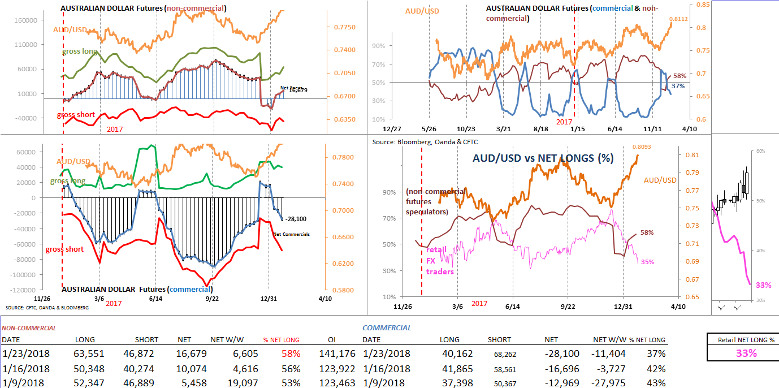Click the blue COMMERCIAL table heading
(387, 327)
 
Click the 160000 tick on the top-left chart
(25, 20)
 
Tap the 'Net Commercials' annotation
(291, 234)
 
